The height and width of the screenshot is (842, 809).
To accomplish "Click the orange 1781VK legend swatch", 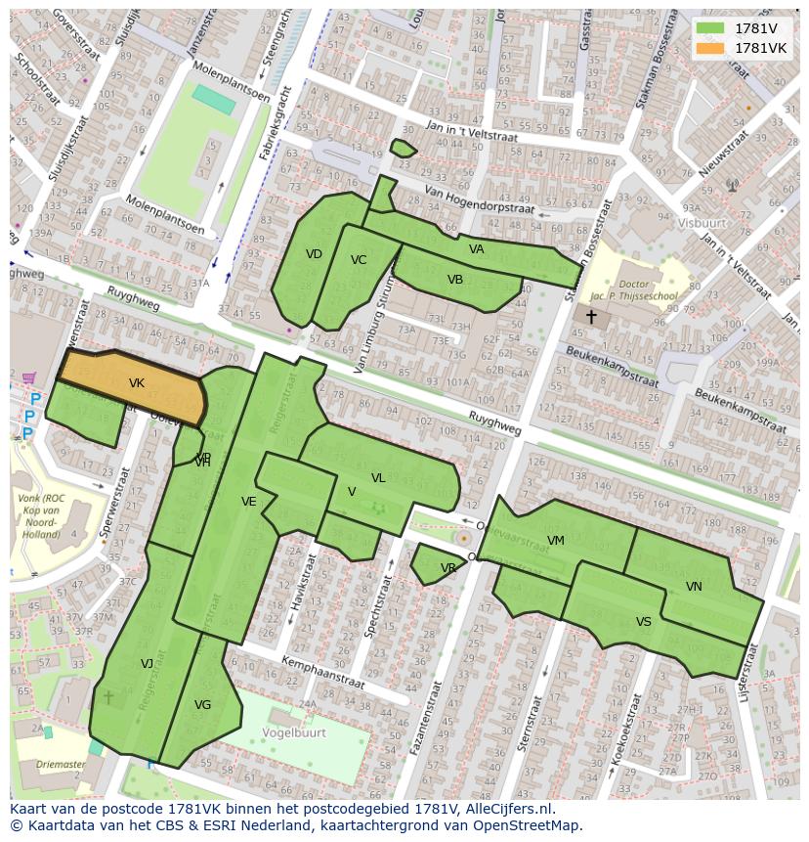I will pyautogui.click(x=710, y=48).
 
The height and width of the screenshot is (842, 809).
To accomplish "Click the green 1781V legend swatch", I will pyautogui.click(x=710, y=28).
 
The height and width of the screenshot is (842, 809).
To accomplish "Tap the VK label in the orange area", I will pyautogui.click(x=137, y=383).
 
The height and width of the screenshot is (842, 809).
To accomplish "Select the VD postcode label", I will pyautogui.click(x=314, y=254).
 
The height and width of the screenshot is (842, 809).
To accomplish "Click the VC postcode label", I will pyautogui.click(x=359, y=260).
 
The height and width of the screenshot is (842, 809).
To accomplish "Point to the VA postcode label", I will pyautogui.click(x=476, y=249).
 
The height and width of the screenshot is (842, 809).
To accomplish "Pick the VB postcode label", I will pyautogui.click(x=455, y=280).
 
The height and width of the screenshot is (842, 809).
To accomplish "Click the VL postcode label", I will pyautogui.click(x=378, y=478).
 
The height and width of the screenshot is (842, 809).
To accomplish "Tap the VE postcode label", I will pyautogui.click(x=249, y=502).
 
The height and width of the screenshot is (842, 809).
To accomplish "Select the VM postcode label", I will pyautogui.click(x=556, y=541).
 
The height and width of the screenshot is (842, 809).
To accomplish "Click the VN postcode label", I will pyautogui.click(x=694, y=587).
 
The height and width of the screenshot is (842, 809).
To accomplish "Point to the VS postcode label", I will pyautogui.click(x=643, y=622).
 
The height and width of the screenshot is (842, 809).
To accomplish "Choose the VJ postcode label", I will pyautogui.click(x=147, y=663).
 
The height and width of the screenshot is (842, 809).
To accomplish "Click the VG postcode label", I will pyautogui.click(x=202, y=704).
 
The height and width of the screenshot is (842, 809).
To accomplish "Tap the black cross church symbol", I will pyautogui.click(x=591, y=317).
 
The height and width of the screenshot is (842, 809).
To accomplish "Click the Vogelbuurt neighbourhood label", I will pyautogui.click(x=293, y=730).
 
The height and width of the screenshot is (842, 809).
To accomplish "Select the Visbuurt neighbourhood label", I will pyautogui.click(x=703, y=222).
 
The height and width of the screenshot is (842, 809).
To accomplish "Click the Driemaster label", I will pyautogui.click(x=61, y=764).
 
